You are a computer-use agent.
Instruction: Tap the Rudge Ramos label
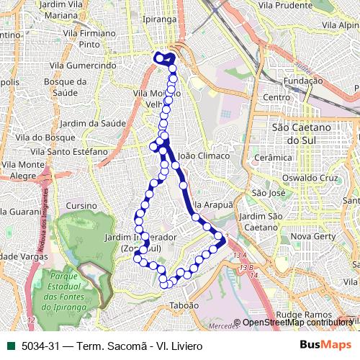pos(302,315)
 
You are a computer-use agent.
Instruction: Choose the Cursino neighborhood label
pos(80,205)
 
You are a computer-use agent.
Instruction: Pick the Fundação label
pos(303,81)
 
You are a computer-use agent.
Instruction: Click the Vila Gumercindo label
pos(94,66)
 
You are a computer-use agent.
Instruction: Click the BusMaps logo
pos(325,345)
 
